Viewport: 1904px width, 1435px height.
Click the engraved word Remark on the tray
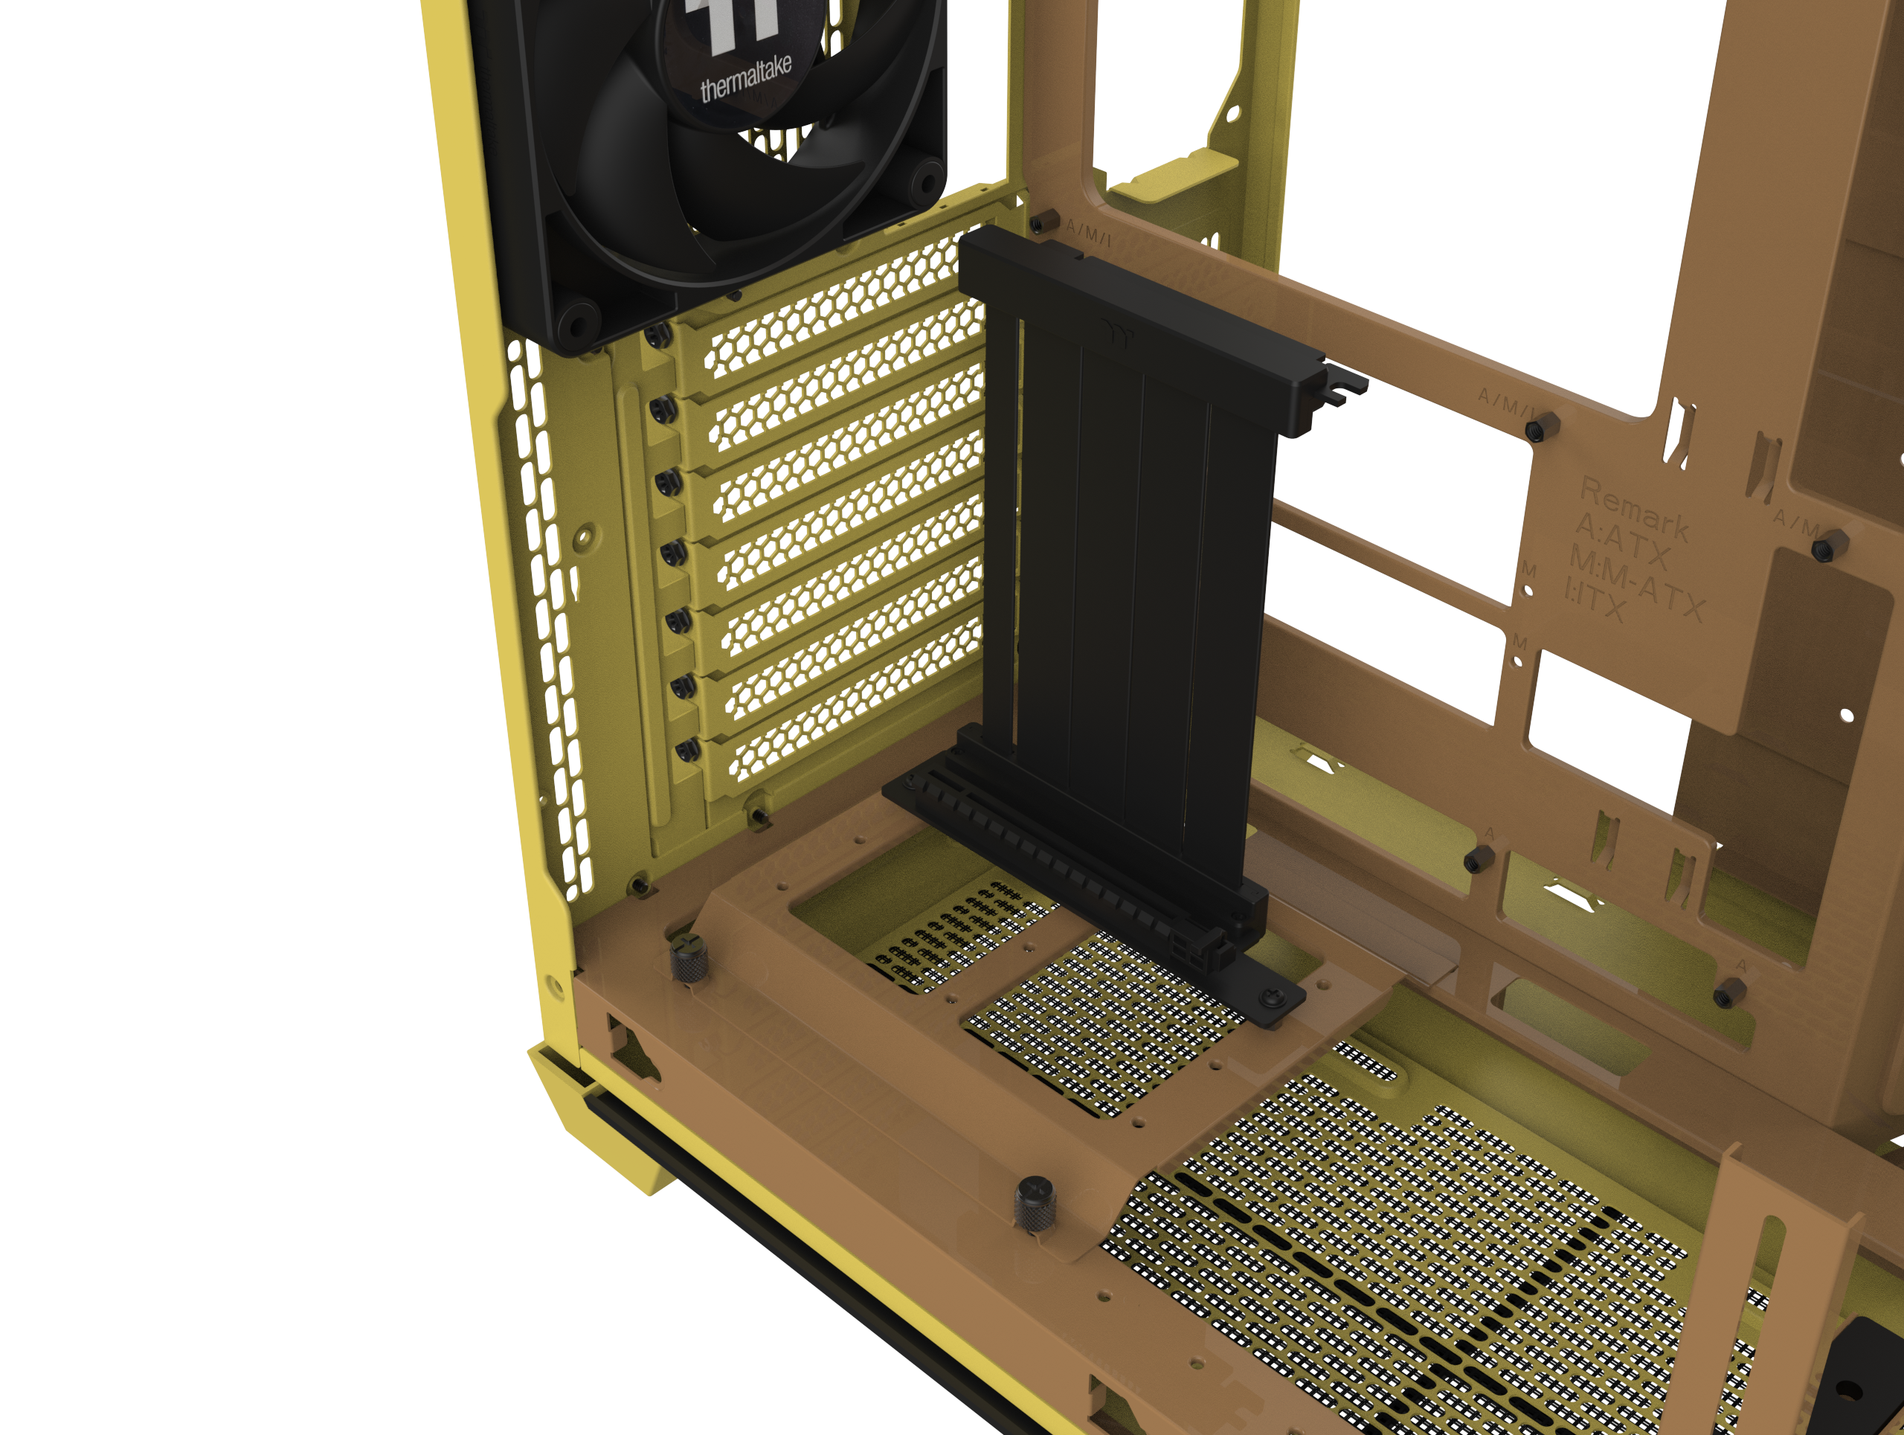click(x=1635, y=509)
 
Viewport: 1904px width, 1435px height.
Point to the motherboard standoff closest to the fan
click(x=1045, y=221)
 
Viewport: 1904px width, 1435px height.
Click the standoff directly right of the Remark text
click(x=1828, y=546)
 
